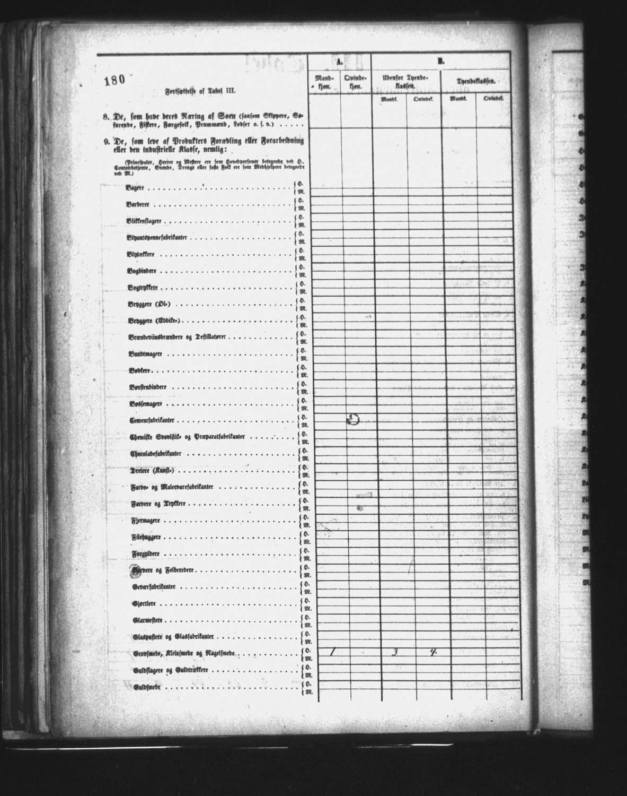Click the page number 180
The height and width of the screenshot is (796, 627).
[x=114, y=81]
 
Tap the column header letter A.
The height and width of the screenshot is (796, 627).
[x=339, y=62]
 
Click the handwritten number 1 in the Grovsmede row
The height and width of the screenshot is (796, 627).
[x=332, y=652]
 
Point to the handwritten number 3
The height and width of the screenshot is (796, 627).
[x=394, y=652]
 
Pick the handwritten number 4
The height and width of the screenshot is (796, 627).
[x=433, y=652]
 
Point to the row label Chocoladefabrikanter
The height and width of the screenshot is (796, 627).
[x=157, y=454]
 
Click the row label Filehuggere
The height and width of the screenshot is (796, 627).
[x=146, y=537]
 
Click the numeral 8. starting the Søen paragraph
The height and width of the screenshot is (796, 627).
[x=106, y=117]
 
